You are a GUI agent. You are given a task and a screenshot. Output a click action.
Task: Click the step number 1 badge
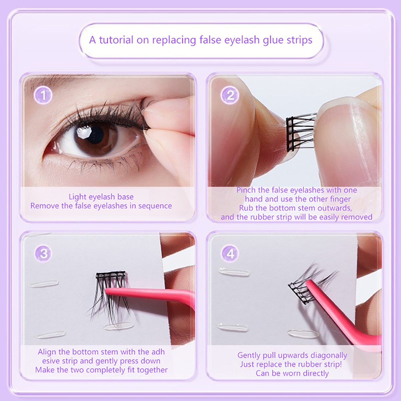[43, 95]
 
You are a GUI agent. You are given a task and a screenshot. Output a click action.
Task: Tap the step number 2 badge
[230, 95]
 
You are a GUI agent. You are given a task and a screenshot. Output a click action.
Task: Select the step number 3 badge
[43, 253]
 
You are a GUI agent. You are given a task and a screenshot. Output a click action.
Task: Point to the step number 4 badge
[230, 253]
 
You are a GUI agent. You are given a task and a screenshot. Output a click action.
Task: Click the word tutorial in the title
[116, 40]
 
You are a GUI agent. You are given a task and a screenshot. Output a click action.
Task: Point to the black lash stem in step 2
[290, 134]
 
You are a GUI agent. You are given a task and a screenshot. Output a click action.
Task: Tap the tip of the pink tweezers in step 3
[106, 291]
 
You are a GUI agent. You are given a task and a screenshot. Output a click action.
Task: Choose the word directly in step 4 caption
[316, 373]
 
